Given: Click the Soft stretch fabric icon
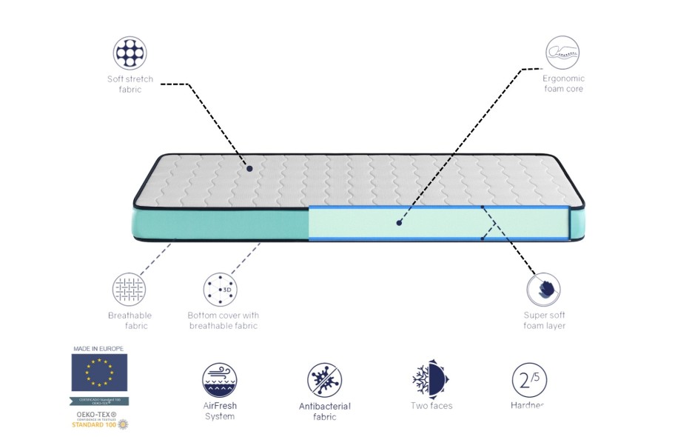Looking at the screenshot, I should (x=130, y=53).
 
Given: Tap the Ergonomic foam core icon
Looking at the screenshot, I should (x=562, y=53).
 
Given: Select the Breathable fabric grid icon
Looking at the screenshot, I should (x=130, y=289).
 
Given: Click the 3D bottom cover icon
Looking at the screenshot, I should (x=220, y=289).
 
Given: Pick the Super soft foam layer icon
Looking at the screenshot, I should (x=544, y=289).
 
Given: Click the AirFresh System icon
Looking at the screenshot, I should (x=220, y=380).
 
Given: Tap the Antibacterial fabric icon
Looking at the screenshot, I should (x=324, y=380).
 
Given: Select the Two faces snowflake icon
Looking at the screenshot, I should (x=431, y=380).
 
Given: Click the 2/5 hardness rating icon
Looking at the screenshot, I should (x=529, y=380).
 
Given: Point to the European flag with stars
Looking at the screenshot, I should (x=99, y=372).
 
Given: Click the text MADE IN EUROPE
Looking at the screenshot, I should (x=98, y=348).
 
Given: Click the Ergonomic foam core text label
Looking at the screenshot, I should (x=563, y=84).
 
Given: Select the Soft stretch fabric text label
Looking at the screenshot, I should (x=130, y=84).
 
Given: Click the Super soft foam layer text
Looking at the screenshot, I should (x=544, y=320).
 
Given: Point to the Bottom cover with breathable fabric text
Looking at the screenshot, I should (x=223, y=320).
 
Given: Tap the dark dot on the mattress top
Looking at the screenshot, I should (x=249, y=169).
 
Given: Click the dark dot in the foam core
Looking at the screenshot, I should (x=398, y=221).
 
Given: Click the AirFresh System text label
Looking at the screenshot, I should (x=220, y=411).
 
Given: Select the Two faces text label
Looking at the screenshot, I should (x=431, y=406).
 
